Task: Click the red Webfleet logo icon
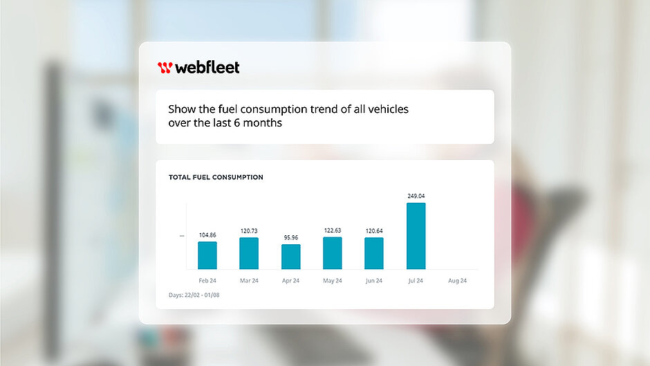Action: click(165, 67)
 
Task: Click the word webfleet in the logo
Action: click(207, 67)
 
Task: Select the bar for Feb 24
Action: click(207, 255)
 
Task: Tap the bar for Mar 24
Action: click(249, 253)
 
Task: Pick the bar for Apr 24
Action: click(291, 257)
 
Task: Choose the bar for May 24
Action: click(333, 253)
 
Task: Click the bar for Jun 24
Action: click(374, 253)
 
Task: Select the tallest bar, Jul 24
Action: click(416, 236)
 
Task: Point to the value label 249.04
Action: click(416, 196)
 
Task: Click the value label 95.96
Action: click(291, 238)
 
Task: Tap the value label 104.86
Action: click(207, 235)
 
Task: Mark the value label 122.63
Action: click(333, 231)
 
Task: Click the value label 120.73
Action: click(249, 231)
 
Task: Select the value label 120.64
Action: click(374, 231)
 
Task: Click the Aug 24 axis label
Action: click(458, 281)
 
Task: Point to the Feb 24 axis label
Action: click(207, 281)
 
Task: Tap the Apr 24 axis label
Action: click(291, 281)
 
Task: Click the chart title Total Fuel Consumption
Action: click(216, 177)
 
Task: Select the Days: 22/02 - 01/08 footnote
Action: click(194, 295)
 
